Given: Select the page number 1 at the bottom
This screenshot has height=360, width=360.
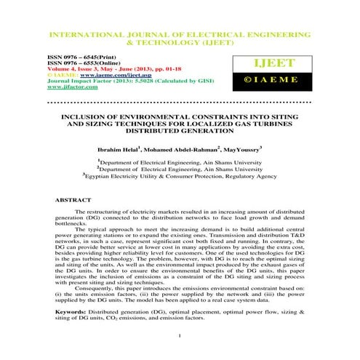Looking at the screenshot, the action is [x=179, y=335].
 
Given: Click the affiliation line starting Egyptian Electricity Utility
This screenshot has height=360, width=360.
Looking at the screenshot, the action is [x=180, y=176].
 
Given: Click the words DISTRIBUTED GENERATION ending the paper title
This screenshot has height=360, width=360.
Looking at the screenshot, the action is [x=179, y=132].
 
